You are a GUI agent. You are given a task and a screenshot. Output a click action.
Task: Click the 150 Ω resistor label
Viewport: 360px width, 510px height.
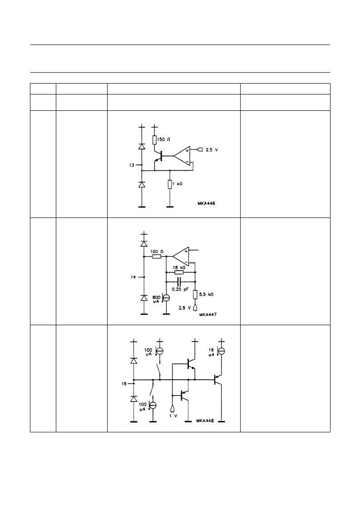163,139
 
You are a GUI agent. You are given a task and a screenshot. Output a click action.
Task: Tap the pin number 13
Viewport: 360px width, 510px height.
131,165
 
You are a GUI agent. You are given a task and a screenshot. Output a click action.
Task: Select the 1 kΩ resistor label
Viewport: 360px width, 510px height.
177,184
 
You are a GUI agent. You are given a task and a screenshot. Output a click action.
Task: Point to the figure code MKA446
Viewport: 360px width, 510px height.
206,203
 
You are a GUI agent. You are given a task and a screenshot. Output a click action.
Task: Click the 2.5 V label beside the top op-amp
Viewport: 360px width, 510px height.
212,150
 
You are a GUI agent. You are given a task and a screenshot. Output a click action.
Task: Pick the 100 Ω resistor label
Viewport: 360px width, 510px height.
157,252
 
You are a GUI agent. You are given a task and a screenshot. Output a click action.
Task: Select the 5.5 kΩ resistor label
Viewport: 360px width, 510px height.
206,294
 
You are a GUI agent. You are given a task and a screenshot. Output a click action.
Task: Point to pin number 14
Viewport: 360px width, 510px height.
133,277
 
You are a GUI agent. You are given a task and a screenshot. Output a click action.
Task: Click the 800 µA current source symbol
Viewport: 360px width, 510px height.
166,297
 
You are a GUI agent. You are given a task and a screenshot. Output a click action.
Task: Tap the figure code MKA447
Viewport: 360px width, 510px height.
208,315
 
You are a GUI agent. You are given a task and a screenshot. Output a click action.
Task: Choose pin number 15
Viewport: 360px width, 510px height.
124,384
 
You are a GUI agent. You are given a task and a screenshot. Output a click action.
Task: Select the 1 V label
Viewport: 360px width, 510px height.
173,416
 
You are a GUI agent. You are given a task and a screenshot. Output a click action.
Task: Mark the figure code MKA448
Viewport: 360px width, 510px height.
205,421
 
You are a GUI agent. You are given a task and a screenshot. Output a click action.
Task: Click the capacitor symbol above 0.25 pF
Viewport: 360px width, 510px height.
179,282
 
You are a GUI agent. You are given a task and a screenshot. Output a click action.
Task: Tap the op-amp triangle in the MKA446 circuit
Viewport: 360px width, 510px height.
182,156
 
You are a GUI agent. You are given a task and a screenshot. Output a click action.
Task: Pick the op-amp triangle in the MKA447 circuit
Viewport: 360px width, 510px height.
181,257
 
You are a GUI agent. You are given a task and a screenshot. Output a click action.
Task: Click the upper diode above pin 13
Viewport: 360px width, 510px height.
142,146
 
